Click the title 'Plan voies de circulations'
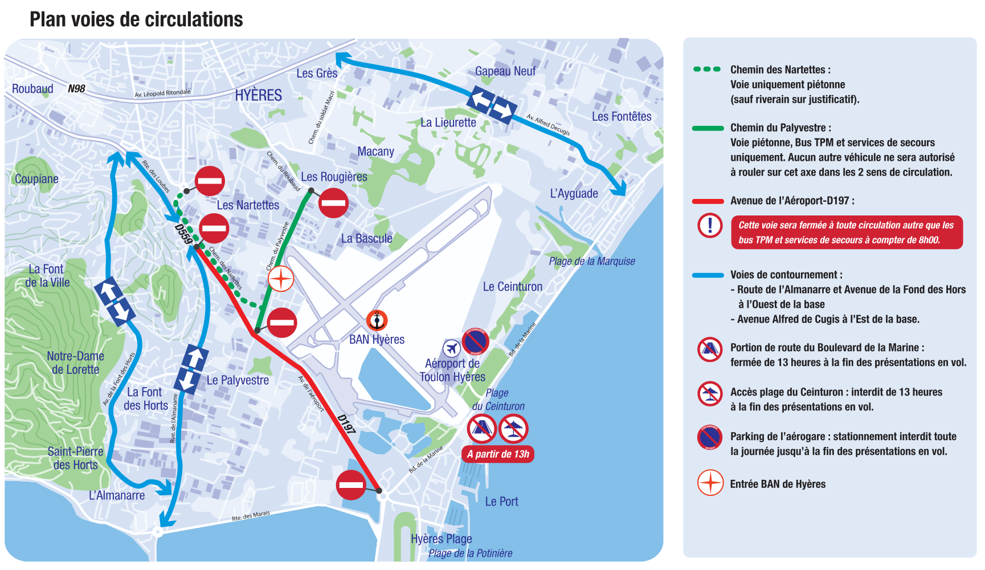pyautogui.click(x=136, y=19)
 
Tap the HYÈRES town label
pyautogui.click(x=258, y=95)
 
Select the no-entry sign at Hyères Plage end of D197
pyautogui.click(x=351, y=485)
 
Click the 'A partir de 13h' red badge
pyautogui.click(x=498, y=454)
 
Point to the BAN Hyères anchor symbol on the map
pyautogui.click(x=377, y=321)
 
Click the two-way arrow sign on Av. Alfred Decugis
pyautogui.click(x=492, y=104)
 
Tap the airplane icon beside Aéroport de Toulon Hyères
pyautogui.click(x=452, y=348)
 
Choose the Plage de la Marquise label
pyautogui.click(x=591, y=261)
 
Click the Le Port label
pyautogui.click(x=501, y=502)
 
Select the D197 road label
pyautogui.click(x=346, y=424)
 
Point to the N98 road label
pyautogui.click(x=76, y=88)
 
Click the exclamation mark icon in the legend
pyautogui.click(x=710, y=225)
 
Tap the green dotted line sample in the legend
pyautogui.click(x=707, y=70)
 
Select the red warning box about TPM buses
pyautogui.click(x=847, y=233)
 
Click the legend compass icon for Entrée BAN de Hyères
pyautogui.click(x=710, y=483)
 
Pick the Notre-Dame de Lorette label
pyautogui.click(x=75, y=363)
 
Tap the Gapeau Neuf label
pyautogui.click(x=505, y=71)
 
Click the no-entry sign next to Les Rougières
pyautogui.click(x=333, y=203)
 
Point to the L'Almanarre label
pyautogui.click(x=117, y=495)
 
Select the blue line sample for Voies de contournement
pyautogui.click(x=708, y=275)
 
